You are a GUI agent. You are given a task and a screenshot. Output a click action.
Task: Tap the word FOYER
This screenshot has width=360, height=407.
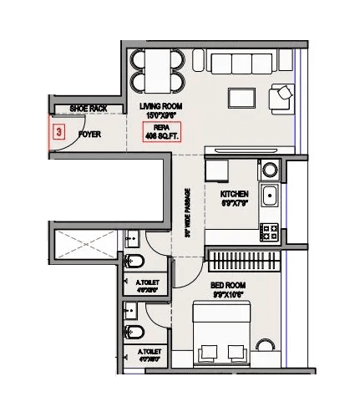pos(89,134)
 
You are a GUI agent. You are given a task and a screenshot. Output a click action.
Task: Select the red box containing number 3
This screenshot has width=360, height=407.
pos(58,132)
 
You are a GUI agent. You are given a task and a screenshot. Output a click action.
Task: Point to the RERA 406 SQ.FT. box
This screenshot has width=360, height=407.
pos(160,132)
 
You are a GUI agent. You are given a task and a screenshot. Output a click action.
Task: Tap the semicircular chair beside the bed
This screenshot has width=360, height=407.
pos(266,349)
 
